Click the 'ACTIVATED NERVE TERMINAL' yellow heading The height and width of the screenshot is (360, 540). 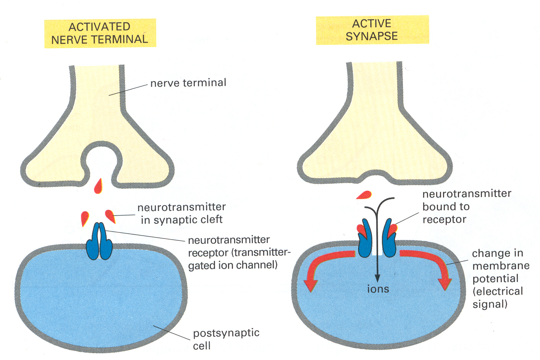(100, 33)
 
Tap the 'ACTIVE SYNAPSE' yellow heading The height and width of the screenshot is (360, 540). (372, 30)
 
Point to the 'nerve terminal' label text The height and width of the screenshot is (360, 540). (188, 83)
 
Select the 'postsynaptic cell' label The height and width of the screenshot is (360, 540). (226, 339)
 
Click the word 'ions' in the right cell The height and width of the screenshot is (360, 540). (378, 289)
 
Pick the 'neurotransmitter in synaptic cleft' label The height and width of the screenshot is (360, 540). (181, 213)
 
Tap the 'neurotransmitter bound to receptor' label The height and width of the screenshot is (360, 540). (466, 206)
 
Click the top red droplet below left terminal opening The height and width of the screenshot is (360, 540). (99, 186)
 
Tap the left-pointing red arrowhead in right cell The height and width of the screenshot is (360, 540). (311, 284)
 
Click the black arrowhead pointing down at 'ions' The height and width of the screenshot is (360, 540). (378, 278)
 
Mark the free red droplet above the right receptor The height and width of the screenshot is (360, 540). (364, 195)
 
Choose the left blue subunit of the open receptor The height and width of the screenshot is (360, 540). (365, 239)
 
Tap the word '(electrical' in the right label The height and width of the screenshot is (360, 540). (498, 291)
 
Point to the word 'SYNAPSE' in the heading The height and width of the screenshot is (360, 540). (372, 36)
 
